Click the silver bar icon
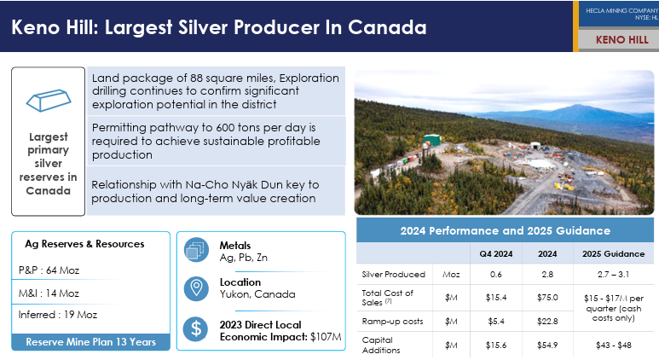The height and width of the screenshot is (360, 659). [49, 100]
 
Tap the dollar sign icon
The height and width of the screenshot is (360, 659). [196, 328]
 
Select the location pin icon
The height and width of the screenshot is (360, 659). [196, 288]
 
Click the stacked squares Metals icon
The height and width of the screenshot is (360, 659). [196, 250]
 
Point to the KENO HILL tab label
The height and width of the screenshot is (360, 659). [622, 40]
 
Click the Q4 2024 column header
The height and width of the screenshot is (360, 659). [496, 254]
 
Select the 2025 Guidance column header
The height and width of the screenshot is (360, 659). [613, 254]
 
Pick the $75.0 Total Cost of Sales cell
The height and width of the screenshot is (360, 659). [547, 298]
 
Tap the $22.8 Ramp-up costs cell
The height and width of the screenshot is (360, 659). [547, 322]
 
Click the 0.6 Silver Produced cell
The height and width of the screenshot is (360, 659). [496, 274]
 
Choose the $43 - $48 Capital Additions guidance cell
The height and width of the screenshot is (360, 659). [613, 345]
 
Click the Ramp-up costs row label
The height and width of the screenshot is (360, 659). [392, 322]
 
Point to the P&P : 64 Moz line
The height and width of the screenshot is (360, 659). [49, 270]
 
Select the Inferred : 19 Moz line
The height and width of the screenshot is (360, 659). [58, 315]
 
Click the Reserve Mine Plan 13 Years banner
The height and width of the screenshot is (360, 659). [90, 342]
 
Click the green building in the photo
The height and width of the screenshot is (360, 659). [431, 140]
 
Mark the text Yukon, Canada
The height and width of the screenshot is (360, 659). [257, 294]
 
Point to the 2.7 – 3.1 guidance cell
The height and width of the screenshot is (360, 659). [613, 274]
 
